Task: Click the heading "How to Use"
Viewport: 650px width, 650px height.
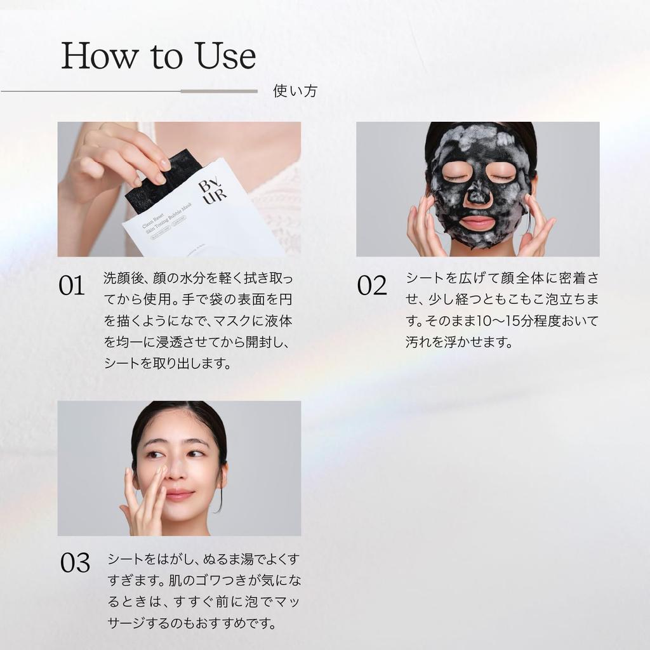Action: click(158, 56)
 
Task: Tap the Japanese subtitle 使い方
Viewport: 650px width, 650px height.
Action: click(295, 91)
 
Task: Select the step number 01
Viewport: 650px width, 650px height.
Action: click(72, 286)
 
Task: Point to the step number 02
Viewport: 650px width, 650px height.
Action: click(371, 286)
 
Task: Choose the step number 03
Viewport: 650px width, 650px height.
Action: click(76, 563)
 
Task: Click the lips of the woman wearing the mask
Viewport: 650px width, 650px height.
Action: click(477, 223)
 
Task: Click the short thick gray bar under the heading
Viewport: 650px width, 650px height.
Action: click(219, 91)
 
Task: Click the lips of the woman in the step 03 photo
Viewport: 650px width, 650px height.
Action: click(180, 494)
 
